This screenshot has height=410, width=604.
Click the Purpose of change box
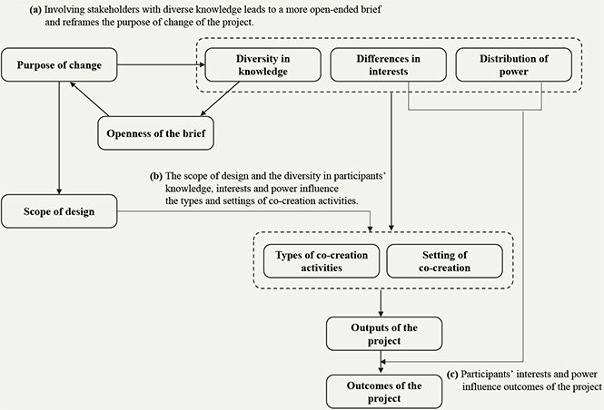[59, 64]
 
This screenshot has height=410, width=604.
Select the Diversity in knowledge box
[262, 64]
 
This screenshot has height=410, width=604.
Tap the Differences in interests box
[389, 64]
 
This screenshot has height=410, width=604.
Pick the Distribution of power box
[514, 64]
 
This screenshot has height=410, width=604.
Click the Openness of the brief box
[155, 133]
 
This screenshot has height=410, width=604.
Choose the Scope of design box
[59, 211]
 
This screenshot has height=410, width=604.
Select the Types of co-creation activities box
[322, 261]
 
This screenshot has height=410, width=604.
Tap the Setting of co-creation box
[444, 261]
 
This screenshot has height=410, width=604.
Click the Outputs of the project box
[384, 334]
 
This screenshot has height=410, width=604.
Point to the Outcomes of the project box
[384, 392]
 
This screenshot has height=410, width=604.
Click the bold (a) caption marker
[35, 10]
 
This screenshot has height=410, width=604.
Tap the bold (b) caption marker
[156, 176]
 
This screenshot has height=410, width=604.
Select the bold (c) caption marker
[452, 375]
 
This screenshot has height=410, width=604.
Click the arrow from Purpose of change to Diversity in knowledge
[161, 64]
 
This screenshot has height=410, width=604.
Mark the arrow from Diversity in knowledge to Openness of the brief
[220, 99]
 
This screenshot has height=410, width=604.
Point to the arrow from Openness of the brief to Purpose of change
[89, 99]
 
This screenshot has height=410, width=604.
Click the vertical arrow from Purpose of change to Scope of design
[59, 138]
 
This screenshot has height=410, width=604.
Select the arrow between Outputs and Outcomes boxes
[381, 362]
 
